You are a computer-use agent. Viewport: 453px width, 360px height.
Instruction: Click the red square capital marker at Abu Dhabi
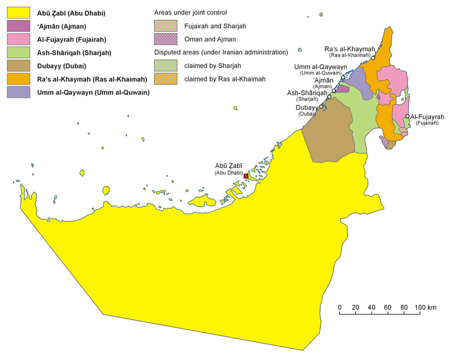[245, 176]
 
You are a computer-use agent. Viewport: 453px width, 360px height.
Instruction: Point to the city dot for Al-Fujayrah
[407, 116]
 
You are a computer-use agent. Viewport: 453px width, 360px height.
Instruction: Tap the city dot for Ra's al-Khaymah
[373, 58]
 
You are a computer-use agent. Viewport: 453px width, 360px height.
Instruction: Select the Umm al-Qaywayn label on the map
[316, 67]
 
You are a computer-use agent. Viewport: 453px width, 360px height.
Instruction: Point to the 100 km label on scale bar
[425, 308]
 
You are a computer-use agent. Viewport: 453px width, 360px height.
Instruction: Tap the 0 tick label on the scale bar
[340, 308]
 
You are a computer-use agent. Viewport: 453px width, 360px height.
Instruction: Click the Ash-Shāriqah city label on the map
[307, 93]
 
